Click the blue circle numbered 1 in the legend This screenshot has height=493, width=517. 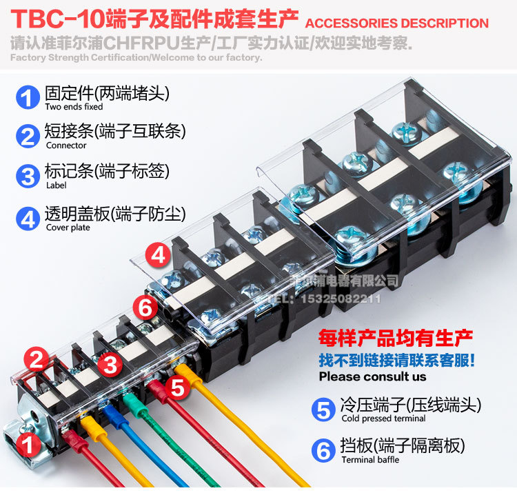28,97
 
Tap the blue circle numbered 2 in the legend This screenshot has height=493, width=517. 28,136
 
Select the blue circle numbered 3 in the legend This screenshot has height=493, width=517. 28,175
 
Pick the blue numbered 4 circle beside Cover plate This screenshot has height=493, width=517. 28,219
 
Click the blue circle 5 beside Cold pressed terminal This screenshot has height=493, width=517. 323,410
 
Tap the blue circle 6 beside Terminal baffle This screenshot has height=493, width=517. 323,451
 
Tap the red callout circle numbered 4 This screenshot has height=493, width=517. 158,256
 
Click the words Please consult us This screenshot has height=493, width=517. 372,376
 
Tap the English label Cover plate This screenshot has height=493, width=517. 68,228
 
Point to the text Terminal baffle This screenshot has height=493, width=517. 369,460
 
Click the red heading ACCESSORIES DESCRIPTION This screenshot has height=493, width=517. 396,23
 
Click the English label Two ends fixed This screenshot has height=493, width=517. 74,107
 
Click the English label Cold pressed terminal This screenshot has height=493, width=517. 383,419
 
